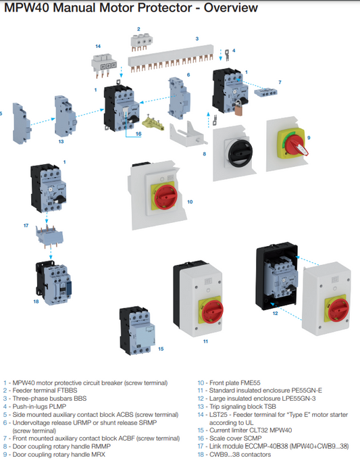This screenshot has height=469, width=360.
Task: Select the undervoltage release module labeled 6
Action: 180,98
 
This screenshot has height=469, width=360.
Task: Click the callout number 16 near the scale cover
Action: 138,134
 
